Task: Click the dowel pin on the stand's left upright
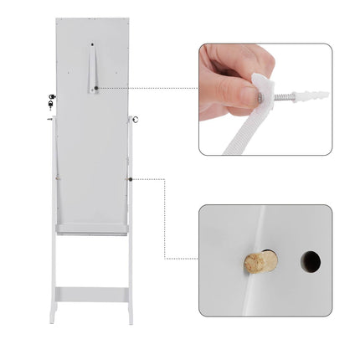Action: (x=54, y=178)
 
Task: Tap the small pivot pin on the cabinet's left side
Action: (x=49, y=119)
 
